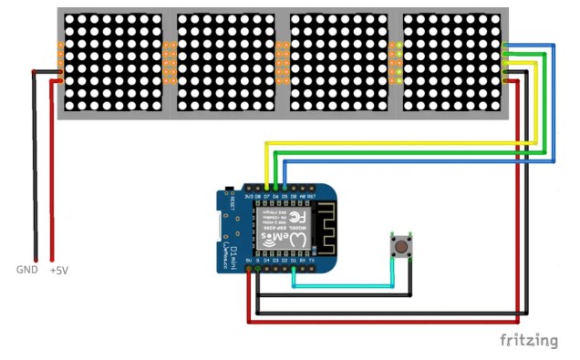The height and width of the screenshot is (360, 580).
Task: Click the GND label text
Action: tap(27, 270)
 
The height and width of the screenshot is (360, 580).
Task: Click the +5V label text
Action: tap(57, 271)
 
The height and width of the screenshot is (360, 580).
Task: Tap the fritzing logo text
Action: tap(528, 340)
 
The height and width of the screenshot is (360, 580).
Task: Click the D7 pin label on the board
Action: tap(266, 195)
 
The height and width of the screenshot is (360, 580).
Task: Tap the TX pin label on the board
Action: tap(312, 261)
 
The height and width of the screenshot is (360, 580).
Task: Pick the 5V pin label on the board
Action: tap(248, 261)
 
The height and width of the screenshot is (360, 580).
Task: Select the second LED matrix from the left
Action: tap(225, 63)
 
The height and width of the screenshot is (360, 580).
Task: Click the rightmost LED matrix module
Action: tap(453, 63)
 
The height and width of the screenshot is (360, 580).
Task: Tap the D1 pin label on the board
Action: tap(294, 261)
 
